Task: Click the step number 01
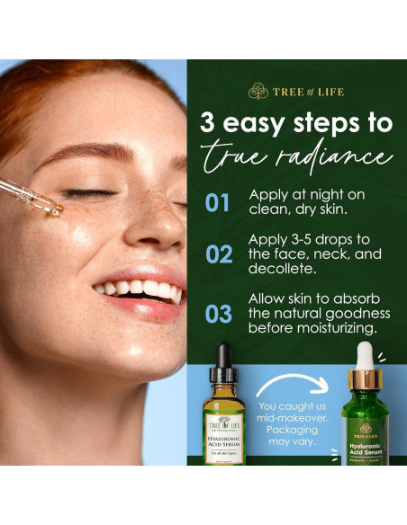[x=218, y=202]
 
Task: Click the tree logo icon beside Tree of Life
[x=258, y=91]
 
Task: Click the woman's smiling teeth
[x=140, y=289]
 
